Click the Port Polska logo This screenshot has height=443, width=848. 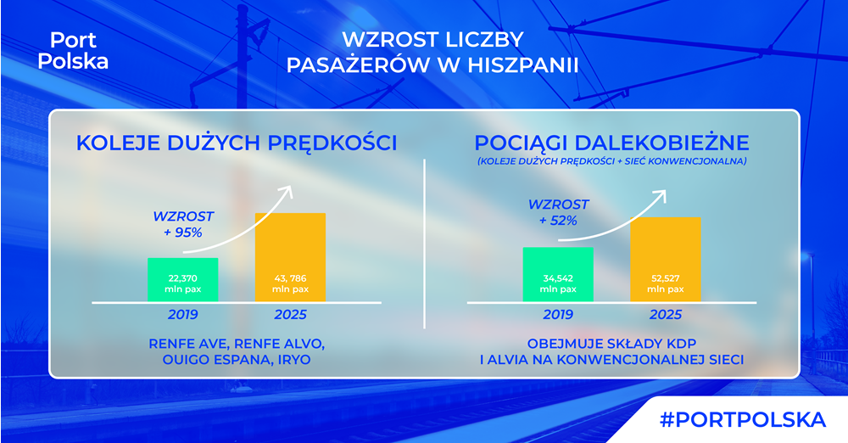pos(73,50)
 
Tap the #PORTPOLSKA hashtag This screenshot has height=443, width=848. pos(743,420)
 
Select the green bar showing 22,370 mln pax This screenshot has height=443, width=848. pos(183,279)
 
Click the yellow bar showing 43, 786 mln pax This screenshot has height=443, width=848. pos(290,257)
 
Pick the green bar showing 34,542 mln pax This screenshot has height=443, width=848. pos(558,275)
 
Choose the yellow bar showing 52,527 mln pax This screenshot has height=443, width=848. pos(665,260)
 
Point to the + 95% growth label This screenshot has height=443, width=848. pos(183,233)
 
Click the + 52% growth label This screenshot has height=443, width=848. pos(558,221)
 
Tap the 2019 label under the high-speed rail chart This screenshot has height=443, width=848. pos(183,315)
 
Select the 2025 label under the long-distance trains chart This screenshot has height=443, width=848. pos(665,315)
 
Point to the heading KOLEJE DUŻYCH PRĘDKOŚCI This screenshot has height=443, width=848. pos(237,143)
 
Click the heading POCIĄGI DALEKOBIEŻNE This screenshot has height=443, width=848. pos(611,143)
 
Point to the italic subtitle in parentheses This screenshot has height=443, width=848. pos(611,161)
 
